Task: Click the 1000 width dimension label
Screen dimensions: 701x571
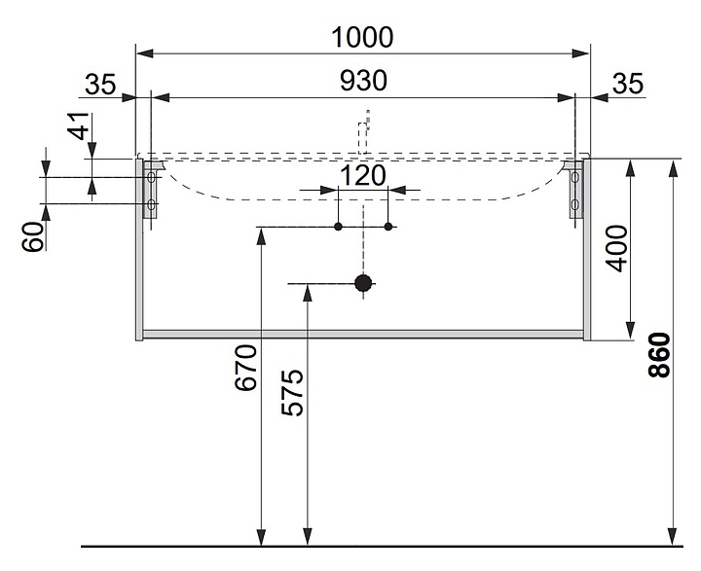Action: (362, 38)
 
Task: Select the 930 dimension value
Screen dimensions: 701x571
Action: (363, 82)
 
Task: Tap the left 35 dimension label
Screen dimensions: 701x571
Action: (100, 84)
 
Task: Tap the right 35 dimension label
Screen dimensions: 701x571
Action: (628, 84)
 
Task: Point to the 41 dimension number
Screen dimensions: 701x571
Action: (79, 126)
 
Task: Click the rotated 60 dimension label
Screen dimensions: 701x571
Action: (33, 236)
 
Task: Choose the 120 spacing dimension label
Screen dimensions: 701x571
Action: (362, 176)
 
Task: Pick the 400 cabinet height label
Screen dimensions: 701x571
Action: (617, 248)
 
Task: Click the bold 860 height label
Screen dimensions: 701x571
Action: (660, 355)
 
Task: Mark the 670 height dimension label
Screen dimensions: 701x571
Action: (246, 368)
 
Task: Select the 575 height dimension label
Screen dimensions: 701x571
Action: (292, 393)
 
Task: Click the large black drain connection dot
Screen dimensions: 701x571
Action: (363, 283)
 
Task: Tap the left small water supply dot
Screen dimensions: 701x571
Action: (338, 227)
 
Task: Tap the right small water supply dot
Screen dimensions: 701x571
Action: (388, 227)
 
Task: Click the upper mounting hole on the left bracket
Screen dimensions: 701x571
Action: (151, 178)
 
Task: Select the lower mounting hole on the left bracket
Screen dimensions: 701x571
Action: (151, 204)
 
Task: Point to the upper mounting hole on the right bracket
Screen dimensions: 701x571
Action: (575, 178)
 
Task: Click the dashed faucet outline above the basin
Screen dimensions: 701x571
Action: (363, 131)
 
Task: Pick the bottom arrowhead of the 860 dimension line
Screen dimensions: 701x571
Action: (672, 537)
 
